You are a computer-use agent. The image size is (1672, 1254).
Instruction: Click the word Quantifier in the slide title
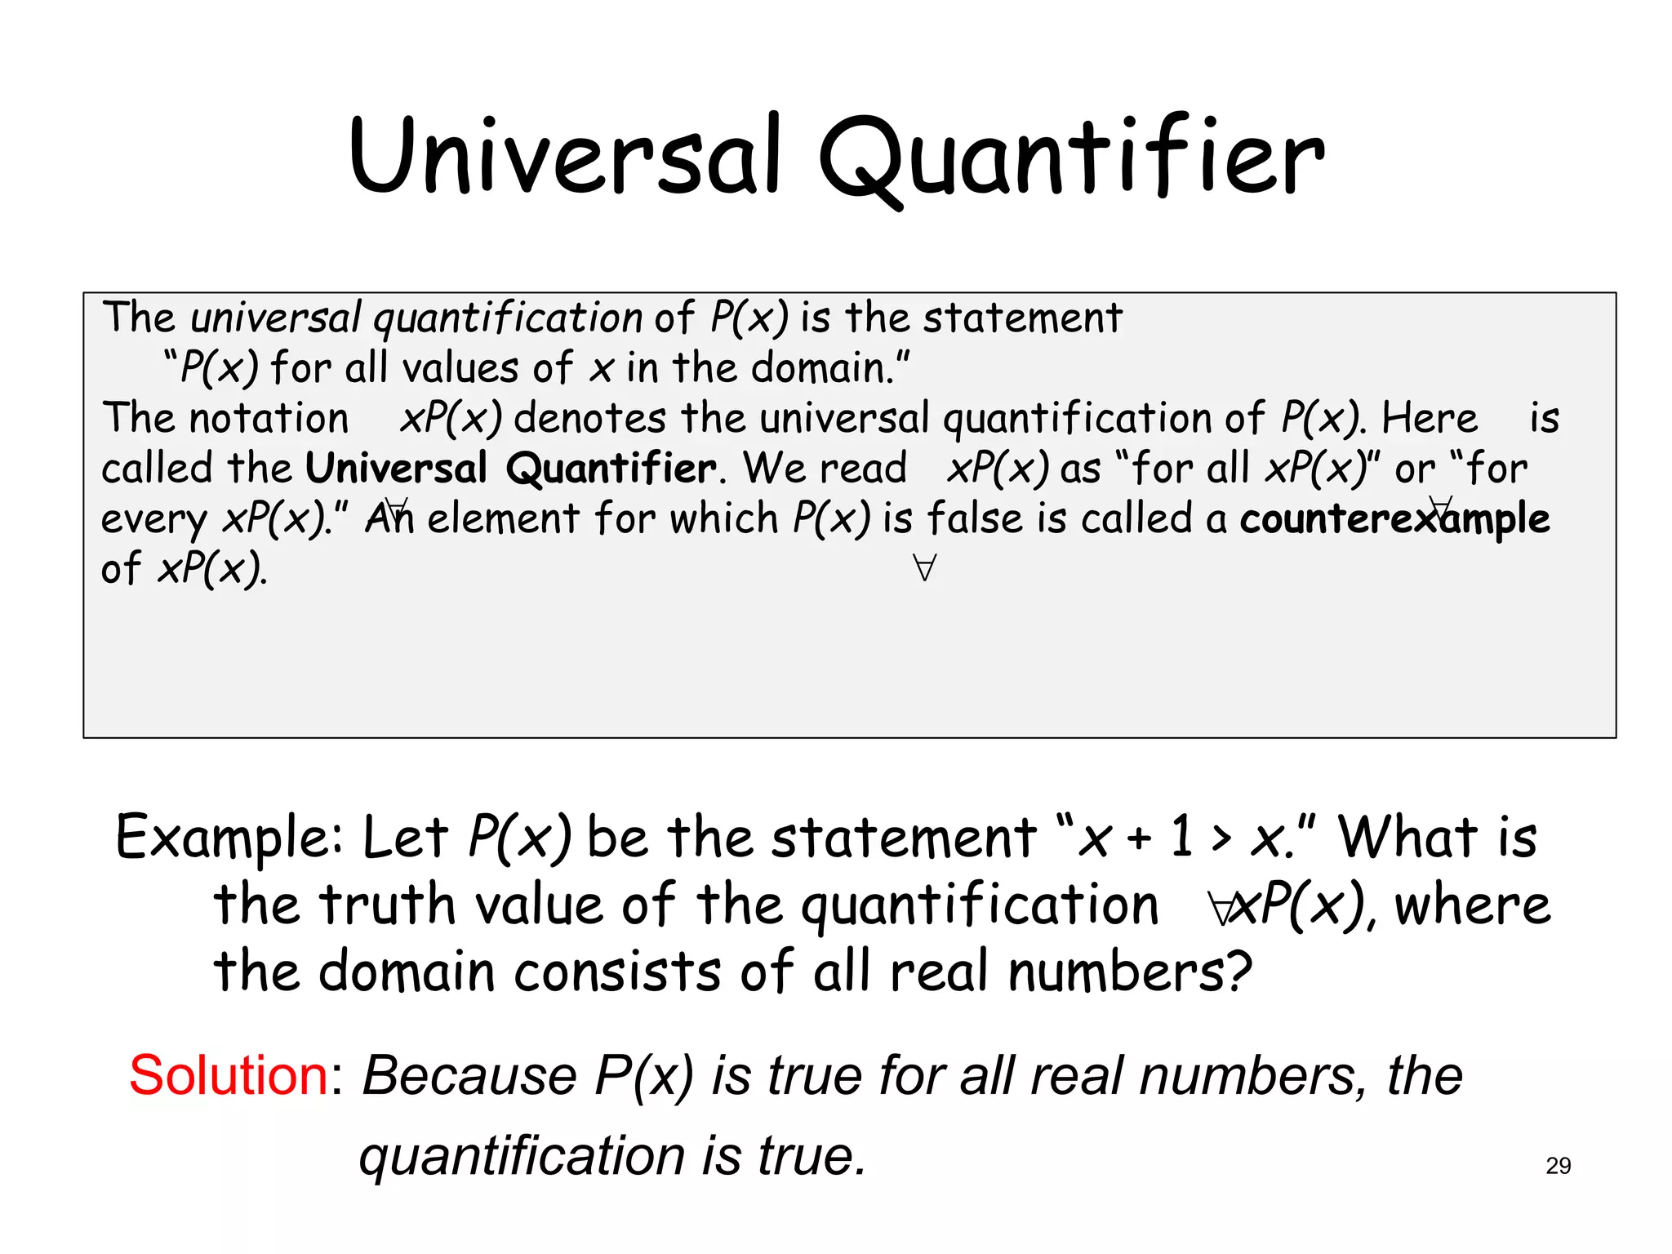click(x=1071, y=157)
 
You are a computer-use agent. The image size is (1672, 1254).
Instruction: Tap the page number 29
click(x=1558, y=1166)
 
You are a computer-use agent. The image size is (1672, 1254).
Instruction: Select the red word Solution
click(x=229, y=1075)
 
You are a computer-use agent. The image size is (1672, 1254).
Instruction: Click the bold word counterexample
click(x=1394, y=519)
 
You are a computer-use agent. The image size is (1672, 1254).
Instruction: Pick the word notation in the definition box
click(x=269, y=419)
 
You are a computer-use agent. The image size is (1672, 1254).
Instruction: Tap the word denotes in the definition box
click(x=589, y=419)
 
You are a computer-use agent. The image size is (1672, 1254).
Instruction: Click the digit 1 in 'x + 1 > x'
click(x=1181, y=838)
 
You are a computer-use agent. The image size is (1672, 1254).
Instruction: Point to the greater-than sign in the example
click(x=1221, y=839)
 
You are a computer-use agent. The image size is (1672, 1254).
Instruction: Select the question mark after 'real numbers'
click(x=1239, y=972)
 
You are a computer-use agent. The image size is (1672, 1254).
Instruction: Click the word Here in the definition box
click(x=1429, y=419)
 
